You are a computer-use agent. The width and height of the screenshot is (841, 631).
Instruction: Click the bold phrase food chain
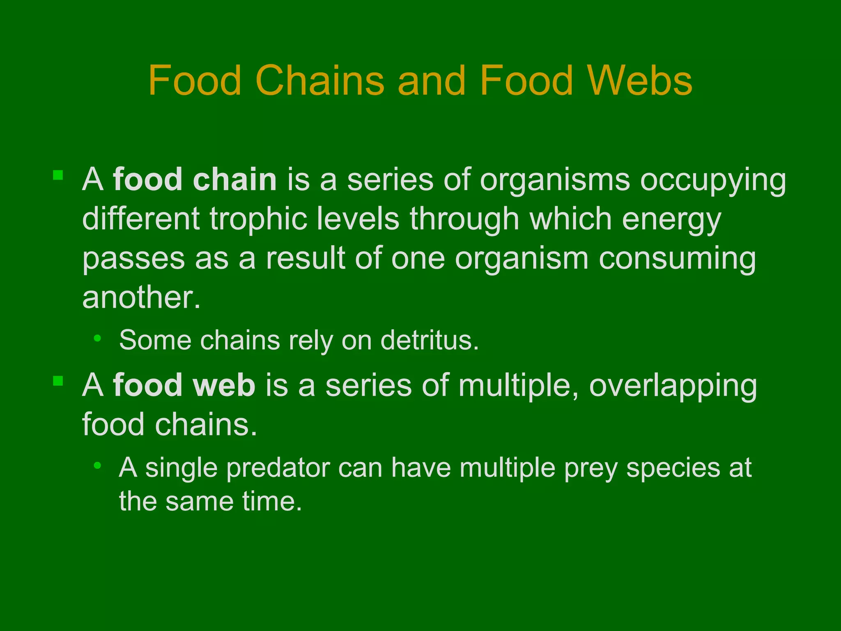[195, 180]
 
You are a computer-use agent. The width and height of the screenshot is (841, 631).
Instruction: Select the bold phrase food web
[184, 385]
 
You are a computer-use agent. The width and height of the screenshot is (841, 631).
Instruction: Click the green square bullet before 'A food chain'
[58, 175]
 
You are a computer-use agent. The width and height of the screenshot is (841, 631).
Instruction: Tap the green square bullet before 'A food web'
[58, 381]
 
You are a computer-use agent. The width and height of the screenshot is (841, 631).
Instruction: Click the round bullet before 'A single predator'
[97, 465]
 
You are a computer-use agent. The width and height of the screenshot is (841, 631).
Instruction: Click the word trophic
[259, 219]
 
